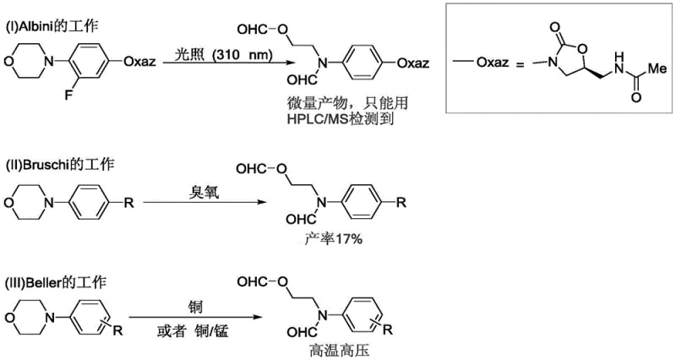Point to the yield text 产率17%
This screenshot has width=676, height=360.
point(334,240)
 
